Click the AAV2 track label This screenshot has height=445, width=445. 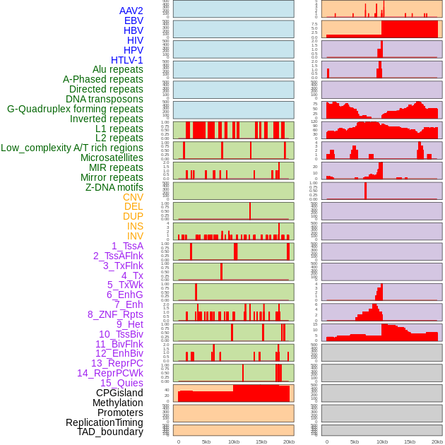coord(131,11)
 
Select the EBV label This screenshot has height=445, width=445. coord(133,21)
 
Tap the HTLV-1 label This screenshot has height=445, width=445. coord(127,60)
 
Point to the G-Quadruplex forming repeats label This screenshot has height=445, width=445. coord(75,109)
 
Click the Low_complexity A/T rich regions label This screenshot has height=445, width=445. coord(72,148)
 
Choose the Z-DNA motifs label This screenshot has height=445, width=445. coord(114,187)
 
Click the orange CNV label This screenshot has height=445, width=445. coord(133,197)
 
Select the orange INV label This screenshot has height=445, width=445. coord(135,236)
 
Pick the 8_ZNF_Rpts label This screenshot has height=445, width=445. coord(115,314)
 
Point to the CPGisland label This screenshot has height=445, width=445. coord(119,393)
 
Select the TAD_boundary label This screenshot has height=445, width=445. coord(110,432)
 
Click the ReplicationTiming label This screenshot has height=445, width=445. coord(105,422)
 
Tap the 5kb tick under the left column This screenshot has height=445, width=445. coord(206,441)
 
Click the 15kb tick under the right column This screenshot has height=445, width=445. coord(409,441)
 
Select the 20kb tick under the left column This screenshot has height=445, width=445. coord(288,441)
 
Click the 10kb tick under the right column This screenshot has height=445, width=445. coord(381,441)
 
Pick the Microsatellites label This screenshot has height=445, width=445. coord(112,158)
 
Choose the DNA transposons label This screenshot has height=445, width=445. coord(105,99)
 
